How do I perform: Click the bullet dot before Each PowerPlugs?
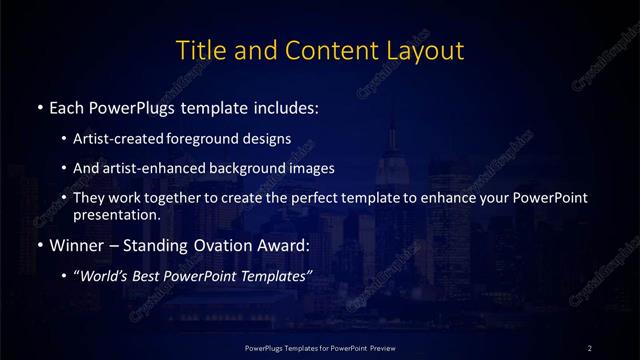pos(39,107)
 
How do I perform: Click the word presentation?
pos(116,214)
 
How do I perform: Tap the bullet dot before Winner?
pos(39,245)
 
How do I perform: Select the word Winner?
pos(74,245)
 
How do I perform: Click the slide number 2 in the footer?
pos(590,347)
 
